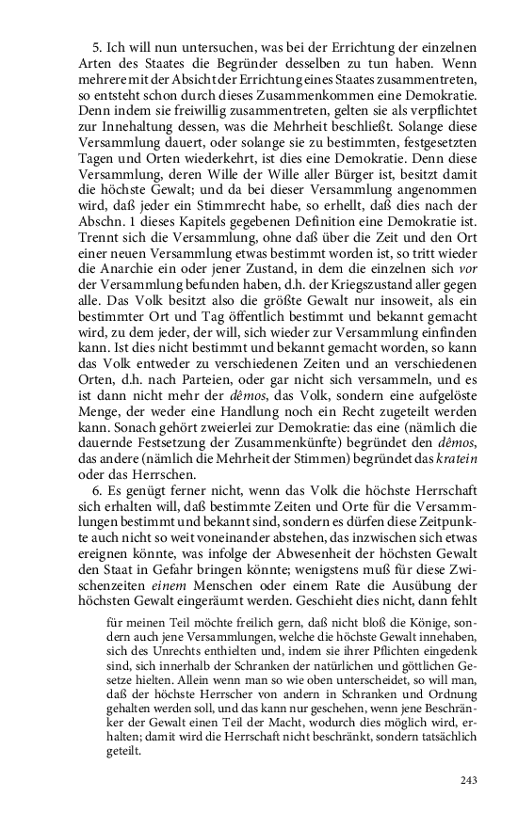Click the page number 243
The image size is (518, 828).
(x=471, y=780)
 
